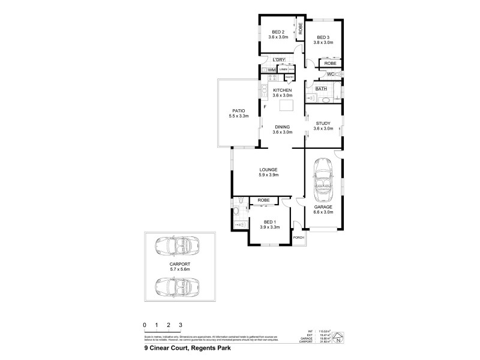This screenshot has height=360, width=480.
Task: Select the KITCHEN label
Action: click(282, 90)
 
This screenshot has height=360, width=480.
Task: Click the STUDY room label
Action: click(323, 123)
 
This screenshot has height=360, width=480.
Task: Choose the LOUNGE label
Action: click(268, 170)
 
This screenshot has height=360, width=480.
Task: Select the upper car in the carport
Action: click(173, 245)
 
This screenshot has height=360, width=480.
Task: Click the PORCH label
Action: click(298, 238)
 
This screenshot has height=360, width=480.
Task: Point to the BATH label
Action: click(322, 89)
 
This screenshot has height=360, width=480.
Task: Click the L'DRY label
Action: click(278, 60)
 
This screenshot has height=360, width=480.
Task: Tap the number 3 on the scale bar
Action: click(181, 325)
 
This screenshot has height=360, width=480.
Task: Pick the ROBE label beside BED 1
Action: click(262, 200)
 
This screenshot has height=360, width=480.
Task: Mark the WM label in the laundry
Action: click(271, 70)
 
